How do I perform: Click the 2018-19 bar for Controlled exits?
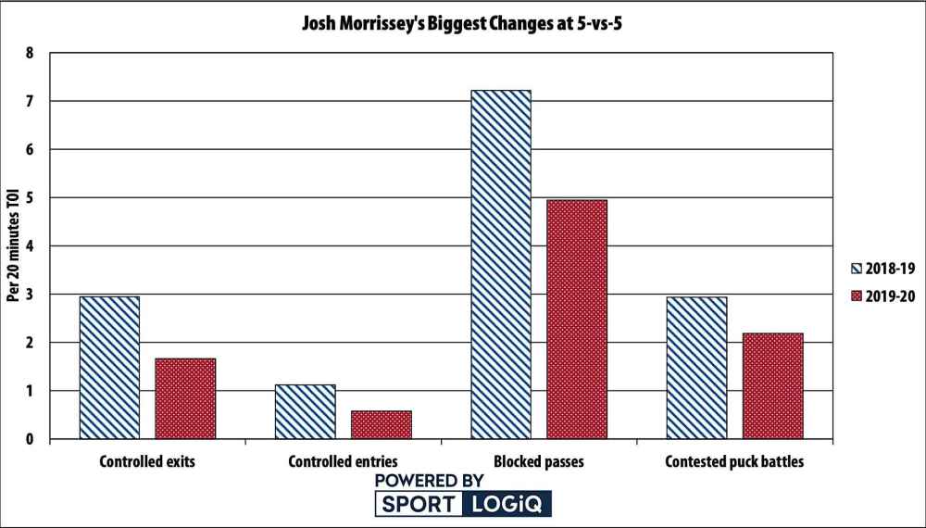pos(109,368)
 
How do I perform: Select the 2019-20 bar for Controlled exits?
pos(185,398)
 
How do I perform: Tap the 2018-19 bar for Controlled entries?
pos(306,411)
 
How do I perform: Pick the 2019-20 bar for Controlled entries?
pos(381,424)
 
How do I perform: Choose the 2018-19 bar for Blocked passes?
pos(501,264)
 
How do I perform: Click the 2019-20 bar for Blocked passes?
pos(577,319)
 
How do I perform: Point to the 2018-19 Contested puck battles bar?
pos(696,368)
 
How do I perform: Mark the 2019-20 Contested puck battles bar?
pos(772,385)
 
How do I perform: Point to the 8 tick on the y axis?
pos(31,53)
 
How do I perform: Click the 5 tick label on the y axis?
pos(31,197)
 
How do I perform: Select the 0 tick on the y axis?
pos(31,439)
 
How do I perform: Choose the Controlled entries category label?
pos(344,460)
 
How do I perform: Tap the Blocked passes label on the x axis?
pos(539,460)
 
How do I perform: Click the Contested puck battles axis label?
pos(735,460)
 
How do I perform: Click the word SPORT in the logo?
pos(417,505)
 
